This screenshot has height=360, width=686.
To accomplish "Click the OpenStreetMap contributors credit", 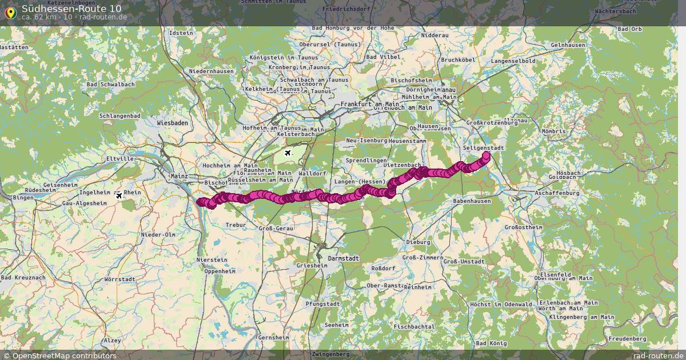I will click(59, 355).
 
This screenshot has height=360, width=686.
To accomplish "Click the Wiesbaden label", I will click(172, 123).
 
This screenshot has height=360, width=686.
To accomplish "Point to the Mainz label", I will click(179, 176).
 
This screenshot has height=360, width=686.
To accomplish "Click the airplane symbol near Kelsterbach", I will click(288, 153).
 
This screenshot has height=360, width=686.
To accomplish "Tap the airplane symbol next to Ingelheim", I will click(119, 195).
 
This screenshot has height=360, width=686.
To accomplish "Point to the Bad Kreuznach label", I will click(23, 277).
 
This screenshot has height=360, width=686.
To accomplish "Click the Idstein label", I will click(182, 33).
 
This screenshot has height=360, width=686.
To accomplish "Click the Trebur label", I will click(236, 225).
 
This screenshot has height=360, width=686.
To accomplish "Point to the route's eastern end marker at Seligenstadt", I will click(486, 155).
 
